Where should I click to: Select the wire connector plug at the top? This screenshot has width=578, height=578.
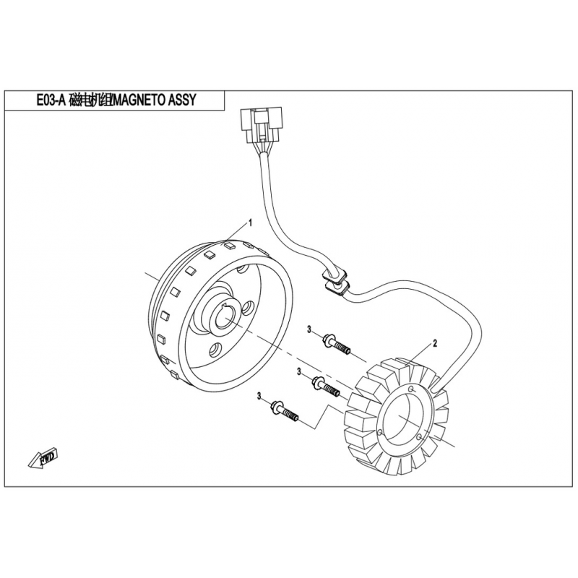point(261,124)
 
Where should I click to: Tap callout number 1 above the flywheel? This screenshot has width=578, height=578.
point(251,223)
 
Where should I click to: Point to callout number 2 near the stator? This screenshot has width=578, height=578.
point(435,344)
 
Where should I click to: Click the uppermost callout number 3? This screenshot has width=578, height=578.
point(309,330)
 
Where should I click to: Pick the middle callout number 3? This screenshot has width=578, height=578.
point(299,372)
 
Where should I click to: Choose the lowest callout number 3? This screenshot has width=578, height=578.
point(259,396)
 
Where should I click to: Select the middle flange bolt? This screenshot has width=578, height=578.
point(326,387)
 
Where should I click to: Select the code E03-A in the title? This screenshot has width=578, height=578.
point(51,100)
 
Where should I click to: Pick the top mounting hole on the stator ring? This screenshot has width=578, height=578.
point(412,389)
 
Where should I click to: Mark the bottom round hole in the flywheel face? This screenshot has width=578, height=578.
point(215,350)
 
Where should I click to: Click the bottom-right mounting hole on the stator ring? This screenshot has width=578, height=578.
point(419,437)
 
